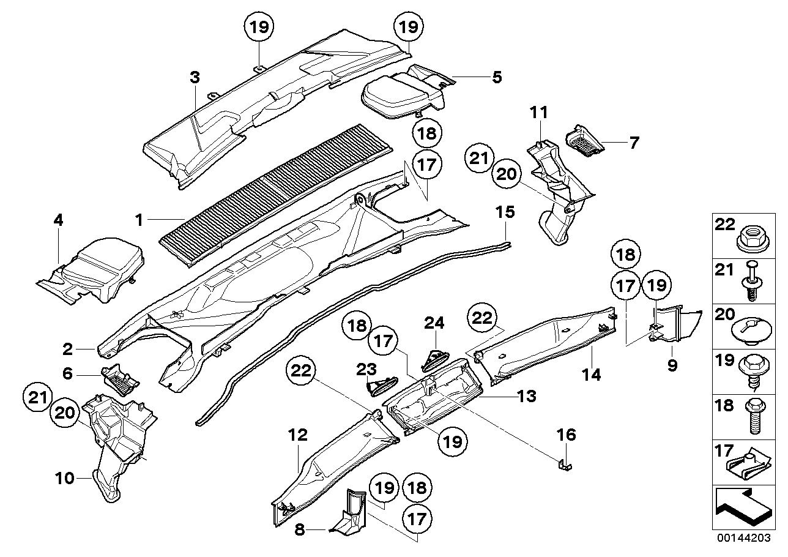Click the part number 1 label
(x=139, y=219)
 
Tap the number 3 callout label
(x=195, y=78)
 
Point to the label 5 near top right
(x=496, y=77)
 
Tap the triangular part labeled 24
(x=435, y=356)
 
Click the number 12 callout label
(x=298, y=436)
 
